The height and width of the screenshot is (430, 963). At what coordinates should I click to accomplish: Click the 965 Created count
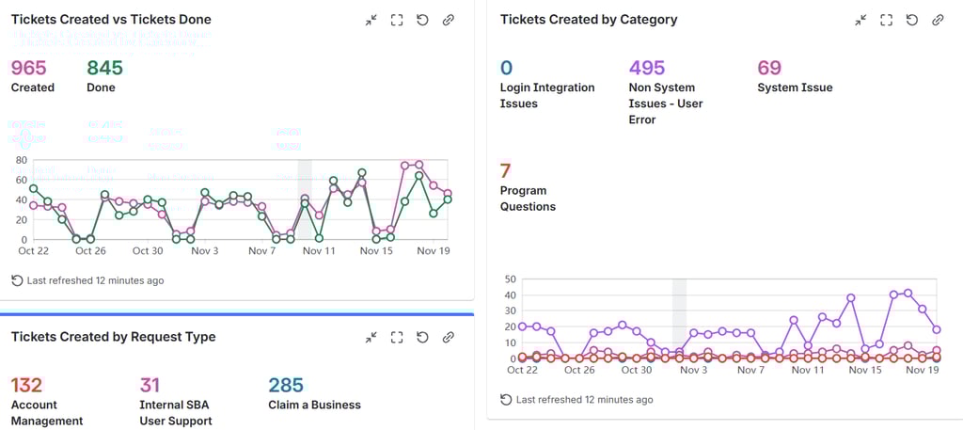point(28,68)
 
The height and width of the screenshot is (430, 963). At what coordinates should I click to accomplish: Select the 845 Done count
point(104,68)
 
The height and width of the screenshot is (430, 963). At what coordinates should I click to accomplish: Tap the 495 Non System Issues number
point(646,68)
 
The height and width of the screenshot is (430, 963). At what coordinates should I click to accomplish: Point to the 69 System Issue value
point(768,68)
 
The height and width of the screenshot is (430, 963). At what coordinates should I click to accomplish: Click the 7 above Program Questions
point(505,171)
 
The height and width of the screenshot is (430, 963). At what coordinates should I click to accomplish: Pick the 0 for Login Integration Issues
point(506,68)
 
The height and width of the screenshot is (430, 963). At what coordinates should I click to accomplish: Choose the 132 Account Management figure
point(26,385)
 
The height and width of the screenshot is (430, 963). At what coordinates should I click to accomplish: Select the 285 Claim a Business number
point(286,385)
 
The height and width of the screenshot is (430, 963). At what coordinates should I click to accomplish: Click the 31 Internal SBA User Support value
point(150,385)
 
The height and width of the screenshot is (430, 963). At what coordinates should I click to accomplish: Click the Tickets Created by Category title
point(588,19)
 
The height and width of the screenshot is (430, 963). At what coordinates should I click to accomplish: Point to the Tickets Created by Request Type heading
point(113,337)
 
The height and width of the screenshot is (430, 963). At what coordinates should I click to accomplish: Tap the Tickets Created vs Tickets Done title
point(111,19)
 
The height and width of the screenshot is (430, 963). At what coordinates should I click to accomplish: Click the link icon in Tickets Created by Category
point(937,20)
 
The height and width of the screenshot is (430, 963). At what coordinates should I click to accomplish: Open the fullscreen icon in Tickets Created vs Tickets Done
point(396,20)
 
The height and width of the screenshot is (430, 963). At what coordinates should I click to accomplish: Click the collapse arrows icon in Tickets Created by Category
point(860,20)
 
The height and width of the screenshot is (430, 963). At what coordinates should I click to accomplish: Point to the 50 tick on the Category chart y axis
point(511,279)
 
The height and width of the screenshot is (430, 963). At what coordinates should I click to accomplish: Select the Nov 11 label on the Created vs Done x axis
point(318,251)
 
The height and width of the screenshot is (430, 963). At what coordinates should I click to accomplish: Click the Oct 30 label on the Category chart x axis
point(636,370)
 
